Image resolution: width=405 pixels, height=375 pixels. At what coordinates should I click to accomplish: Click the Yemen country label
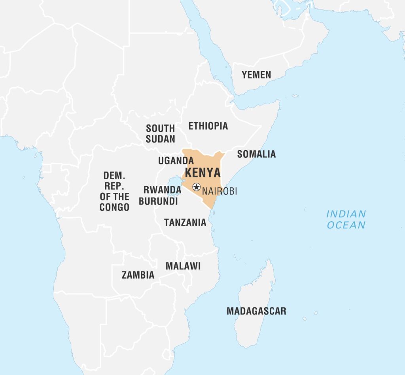tap(256, 75)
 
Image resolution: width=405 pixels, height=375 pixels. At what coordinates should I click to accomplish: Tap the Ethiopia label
tap(208, 126)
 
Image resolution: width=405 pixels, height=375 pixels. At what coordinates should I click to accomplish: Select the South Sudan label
tap(160, 134)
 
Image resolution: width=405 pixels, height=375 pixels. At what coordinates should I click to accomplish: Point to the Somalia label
tap(256, 154)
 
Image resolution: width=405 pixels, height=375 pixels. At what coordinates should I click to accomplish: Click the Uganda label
tap(176, 161)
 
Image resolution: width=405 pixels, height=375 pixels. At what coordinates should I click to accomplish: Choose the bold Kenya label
tap(203, 173)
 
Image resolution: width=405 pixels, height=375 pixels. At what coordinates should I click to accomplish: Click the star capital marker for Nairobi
tap(196, 187)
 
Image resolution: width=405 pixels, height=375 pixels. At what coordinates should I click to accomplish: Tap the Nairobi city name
tap(220, 191)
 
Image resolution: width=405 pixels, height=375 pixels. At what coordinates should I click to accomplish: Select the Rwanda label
tap(162, 190)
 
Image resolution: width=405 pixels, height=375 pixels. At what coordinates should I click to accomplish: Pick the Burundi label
tap(158, 201)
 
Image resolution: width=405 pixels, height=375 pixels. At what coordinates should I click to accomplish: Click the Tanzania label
tap(185, 223)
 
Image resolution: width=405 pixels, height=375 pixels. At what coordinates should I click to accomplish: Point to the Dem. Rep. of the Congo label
tap(114, 191)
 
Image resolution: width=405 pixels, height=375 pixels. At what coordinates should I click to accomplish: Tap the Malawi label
tap(183, 266)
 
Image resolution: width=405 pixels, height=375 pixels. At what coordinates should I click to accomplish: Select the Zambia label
tap(138, 275)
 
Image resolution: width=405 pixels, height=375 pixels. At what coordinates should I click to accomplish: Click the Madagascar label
tap(256, 311)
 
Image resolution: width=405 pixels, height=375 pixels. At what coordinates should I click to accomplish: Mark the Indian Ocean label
tap(346, 219)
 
